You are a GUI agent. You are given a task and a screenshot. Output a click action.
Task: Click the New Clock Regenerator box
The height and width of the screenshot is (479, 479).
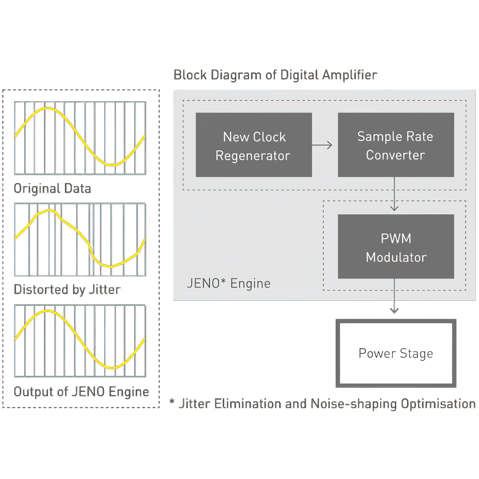point(254,145)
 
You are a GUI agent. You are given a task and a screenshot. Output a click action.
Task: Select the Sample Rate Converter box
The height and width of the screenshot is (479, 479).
point(396,145)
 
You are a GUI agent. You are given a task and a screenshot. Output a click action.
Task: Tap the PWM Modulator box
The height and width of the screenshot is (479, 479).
point(396,246)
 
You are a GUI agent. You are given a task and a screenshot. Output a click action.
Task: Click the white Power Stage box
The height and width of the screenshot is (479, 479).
point(396,353)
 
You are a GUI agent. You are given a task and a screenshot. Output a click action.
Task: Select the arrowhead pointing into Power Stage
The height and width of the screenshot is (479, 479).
point(394,310)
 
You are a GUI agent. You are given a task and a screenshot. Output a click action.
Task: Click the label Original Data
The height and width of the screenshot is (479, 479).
point(52,189)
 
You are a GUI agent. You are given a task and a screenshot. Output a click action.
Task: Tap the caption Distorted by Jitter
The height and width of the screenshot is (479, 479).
point(67,290)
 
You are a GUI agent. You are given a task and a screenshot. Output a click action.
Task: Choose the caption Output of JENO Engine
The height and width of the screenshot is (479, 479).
point(81,392)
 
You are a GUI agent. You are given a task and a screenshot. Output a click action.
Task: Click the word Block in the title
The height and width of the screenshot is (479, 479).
point(190,75)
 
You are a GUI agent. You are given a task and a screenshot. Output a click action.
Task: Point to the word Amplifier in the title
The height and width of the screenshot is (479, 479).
point(349,75)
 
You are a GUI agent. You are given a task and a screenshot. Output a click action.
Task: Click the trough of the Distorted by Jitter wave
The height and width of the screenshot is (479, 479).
point(111,267)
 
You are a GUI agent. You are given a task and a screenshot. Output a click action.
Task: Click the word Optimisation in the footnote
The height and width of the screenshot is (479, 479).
point(438,404)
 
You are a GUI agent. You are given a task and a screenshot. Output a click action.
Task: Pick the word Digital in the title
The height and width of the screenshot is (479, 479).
point(299,75)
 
